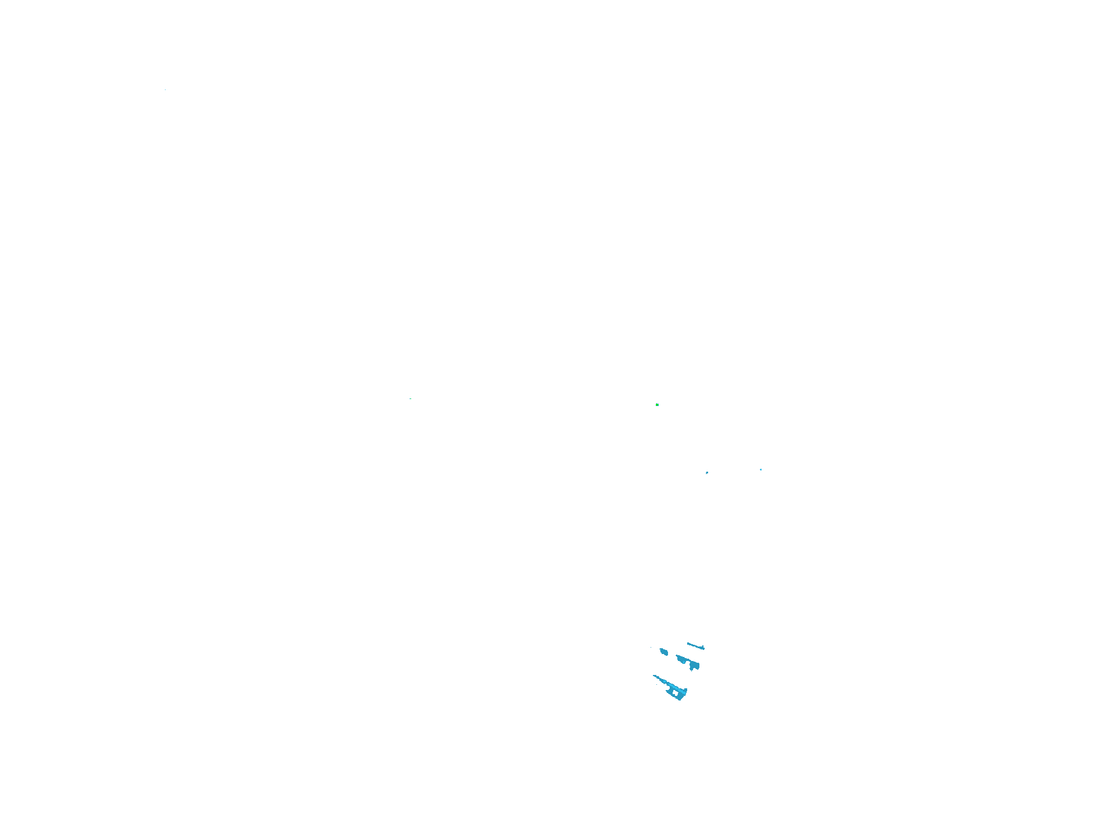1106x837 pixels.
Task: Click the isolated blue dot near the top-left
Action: [165, 90]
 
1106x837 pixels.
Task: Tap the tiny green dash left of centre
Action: [411, 398]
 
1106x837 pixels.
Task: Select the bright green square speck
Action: [657, 404]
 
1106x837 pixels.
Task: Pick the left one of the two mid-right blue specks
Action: [707, 473]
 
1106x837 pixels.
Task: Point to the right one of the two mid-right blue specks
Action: [761, 469]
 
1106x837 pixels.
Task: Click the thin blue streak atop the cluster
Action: [695, 646]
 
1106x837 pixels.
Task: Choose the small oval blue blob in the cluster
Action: [664, 652]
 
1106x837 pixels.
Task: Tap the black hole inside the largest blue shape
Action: [675, 692]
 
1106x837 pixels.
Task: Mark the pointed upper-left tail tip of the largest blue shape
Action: [654, 676]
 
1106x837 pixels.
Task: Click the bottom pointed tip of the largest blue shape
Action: [680, 700]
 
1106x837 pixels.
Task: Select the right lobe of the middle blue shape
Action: [694, 666]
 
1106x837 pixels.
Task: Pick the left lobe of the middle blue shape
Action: [681, 659]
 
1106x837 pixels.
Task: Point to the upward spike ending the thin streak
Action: [703, 646]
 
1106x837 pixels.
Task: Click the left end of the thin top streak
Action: [688, 643]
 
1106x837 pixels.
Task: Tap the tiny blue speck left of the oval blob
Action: [651, 647]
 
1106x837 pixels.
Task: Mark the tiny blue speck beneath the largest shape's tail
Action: [656, 684]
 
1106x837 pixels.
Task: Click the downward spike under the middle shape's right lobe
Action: [691, 670]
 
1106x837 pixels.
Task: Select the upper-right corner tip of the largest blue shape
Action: [687, 689]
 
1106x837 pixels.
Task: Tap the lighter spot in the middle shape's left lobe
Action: [684, 662]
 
